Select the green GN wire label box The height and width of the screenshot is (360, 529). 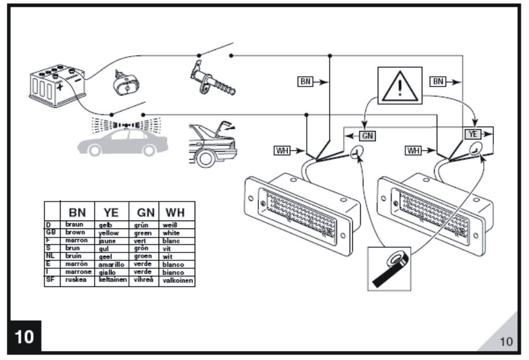click(x=367, y=135)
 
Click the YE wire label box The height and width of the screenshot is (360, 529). click(x=473, y=135)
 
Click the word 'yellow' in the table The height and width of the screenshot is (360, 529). click(x=109, y=233)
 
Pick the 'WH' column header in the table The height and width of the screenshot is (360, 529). click(x=175, y=212)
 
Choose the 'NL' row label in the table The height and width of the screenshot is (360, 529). click(x=51, y=256)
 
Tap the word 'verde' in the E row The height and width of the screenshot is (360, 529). click(x=143, y=264)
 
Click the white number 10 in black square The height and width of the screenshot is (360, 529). click(x=24, y=336)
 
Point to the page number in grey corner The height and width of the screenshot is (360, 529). click(x=506, y=341)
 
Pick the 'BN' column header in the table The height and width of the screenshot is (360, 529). click(x=77, y=212)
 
